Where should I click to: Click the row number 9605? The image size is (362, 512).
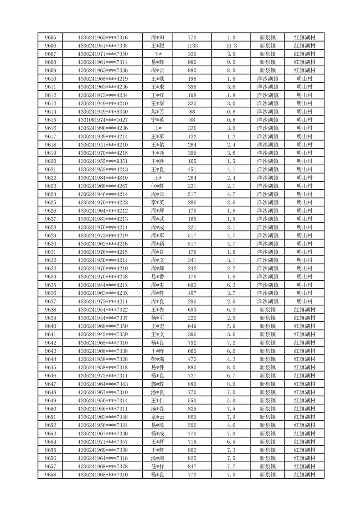click(x=51, y=37)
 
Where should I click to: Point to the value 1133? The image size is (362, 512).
click(x=192, y=46)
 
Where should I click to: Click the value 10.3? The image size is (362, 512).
click(x=231, y=46)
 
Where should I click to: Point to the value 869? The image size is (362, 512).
click(x=192, y=417)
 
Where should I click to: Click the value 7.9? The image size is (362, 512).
click(x=231, y=417)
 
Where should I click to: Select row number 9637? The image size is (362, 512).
click(x=51, y=301)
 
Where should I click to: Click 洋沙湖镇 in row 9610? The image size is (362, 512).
click(x=268, y=78)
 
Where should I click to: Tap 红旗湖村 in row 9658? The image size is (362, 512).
click(x=304, y=475)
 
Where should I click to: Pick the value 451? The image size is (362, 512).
click(x=192, y=169)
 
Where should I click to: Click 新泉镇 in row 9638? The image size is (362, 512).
click(x=268, y=309)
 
